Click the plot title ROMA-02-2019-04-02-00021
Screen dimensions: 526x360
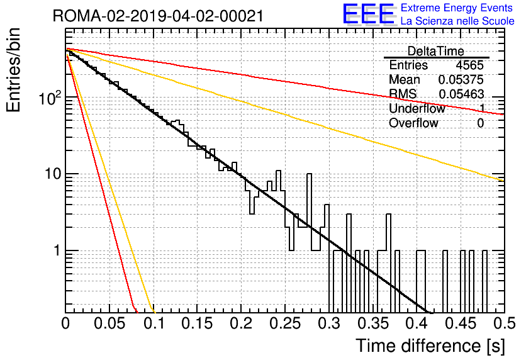[158, 16]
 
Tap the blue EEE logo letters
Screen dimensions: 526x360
[368, 14]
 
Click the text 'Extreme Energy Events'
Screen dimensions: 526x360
[457, 8]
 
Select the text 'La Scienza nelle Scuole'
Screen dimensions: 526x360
[457, 21]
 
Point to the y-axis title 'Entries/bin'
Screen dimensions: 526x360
[13, 70]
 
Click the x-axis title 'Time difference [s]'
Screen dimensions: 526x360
[430, 346]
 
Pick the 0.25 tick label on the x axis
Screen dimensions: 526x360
[285, 323]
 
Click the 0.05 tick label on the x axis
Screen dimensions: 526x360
[109, 323]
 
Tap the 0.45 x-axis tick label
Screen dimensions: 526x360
[461, 323]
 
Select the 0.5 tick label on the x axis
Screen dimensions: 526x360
[505, 323]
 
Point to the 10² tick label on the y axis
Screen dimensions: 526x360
[50, 98]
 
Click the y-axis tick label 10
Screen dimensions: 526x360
[53, 174]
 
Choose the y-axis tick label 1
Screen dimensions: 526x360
[57, 250]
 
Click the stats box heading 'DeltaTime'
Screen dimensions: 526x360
[436, 51]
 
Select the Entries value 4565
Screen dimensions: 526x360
[469, 65]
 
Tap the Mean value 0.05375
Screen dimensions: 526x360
[461, 79]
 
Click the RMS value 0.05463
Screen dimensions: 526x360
[461, 94]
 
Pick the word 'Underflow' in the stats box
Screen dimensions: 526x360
[417, 109]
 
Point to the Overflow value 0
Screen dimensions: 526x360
[480, 123]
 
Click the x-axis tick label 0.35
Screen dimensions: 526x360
[373, 323]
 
